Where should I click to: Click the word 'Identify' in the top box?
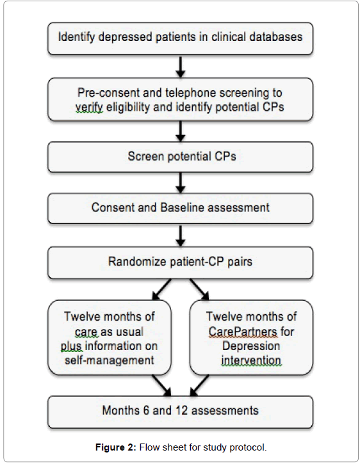point(76,37)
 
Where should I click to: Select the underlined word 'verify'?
point(89,108)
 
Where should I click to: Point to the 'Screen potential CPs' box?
point(181,157)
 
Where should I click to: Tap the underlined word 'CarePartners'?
point(243,332)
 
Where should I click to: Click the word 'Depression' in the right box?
point(251,346)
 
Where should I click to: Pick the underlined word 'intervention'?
point(251,360)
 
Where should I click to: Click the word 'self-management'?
point(110,360)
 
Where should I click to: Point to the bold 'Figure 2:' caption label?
point(115,447)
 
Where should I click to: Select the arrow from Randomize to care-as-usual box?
point(161,289)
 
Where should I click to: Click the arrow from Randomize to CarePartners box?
point(199,289)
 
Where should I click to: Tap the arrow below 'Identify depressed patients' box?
point(181,67)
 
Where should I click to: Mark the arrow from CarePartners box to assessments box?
point(199,385)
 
